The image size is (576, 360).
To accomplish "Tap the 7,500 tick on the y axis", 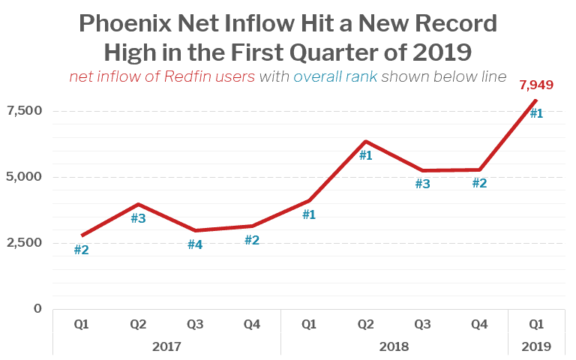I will [24, 111].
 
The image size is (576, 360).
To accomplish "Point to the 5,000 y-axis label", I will [24, 177].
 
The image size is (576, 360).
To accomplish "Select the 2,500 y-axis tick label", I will [24, 243].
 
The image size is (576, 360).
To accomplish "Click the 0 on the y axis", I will [37, 309].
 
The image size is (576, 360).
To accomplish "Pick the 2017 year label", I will [166, 347].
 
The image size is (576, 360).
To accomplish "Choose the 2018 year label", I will [394, 347].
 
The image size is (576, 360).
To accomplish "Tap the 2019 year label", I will [536, 347].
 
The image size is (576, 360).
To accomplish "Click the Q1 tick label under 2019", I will [536, 325].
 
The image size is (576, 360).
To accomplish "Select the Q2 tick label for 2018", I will [365, 325].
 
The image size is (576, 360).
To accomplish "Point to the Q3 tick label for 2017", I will [195, 325].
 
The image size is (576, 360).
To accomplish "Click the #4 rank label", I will [195, 244].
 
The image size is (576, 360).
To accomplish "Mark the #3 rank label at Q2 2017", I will [138, 219].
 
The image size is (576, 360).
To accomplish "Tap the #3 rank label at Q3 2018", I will [423, 184].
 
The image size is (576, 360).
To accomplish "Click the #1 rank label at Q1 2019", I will [536, 114].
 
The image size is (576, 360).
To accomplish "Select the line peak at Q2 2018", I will [365, 141].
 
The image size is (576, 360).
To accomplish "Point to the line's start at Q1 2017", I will [82, 235].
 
